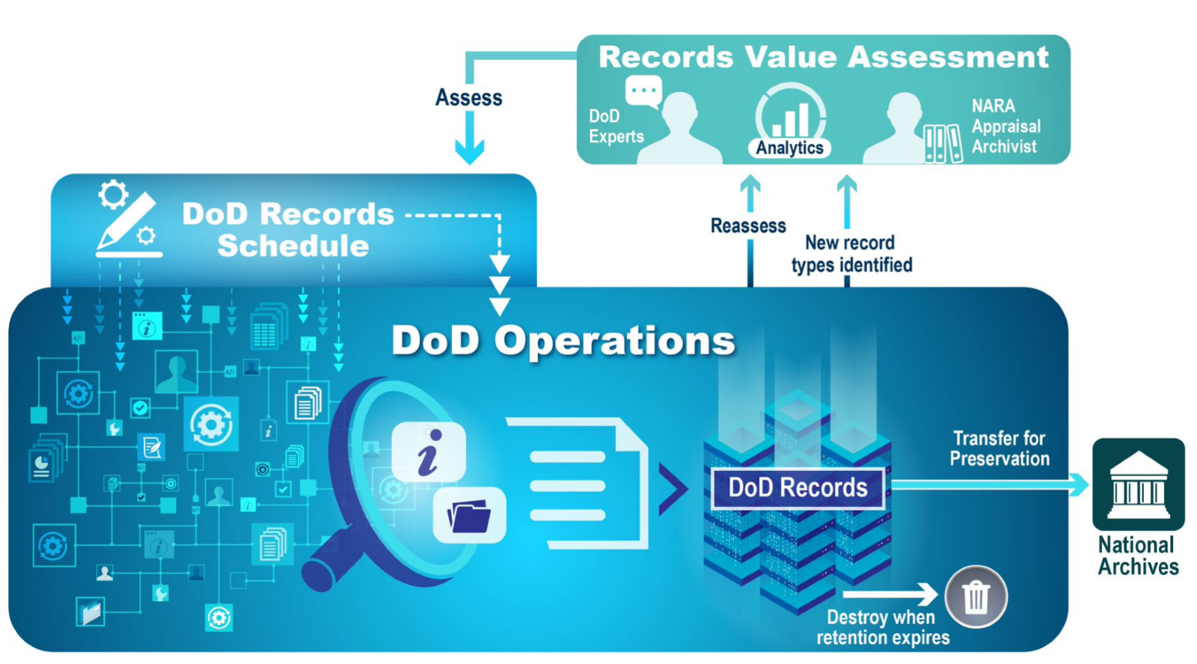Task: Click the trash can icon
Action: (x=976, y=597)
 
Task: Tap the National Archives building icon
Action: (x=1138, y=484)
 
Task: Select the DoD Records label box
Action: (x=798, y=488)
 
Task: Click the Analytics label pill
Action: (x=789, y=147)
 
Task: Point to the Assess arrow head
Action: (x=470, y=153)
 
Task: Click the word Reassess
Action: (x=748, y=225)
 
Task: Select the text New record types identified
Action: (x=851, y=254)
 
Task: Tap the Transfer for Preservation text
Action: (x=999, y=448)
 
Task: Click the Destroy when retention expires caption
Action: (x=883, y=627)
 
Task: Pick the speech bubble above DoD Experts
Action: (x=643, y=91)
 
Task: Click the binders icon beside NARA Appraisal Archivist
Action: (x=942, y=143)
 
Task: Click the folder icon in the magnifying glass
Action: (x=469, y=516)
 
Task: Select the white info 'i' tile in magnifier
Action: (x=429, y=451)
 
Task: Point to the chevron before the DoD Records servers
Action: (x=673, y=488)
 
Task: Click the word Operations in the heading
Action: (x=614, y=341)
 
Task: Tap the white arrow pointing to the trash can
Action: (x=890, y=594)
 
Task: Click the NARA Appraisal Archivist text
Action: (x=1005, y=127)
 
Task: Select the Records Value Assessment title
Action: (x=823, y=58)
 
